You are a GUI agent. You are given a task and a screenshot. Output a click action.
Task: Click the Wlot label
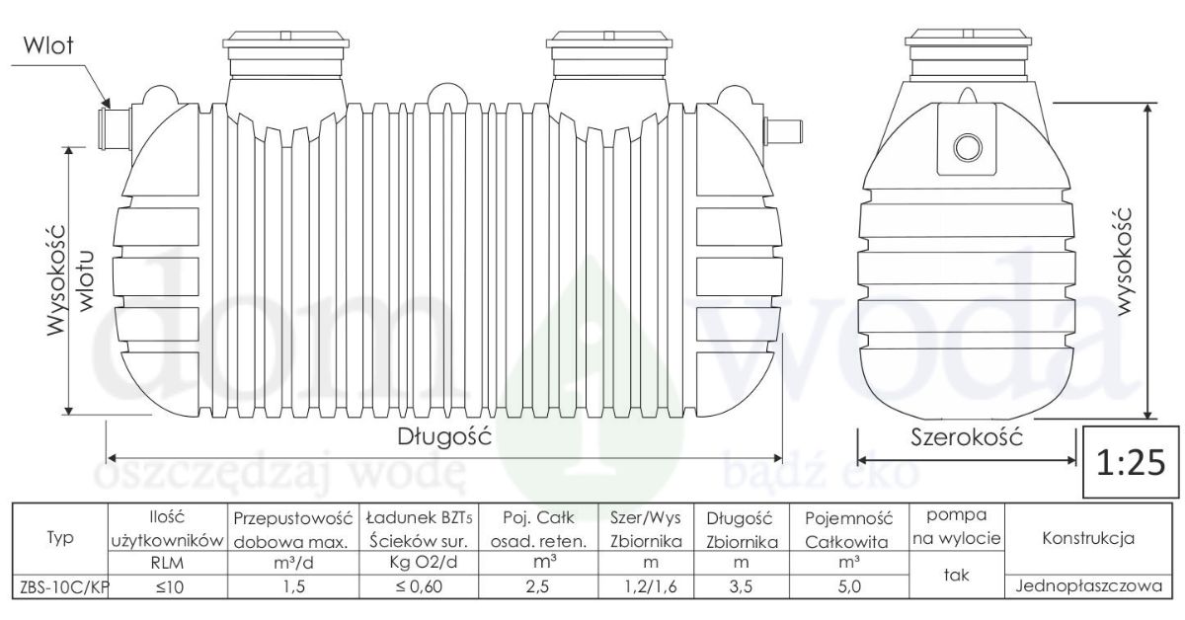(x=48, y=46)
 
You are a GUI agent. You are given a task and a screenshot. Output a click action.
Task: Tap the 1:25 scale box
(x=1131, y=462)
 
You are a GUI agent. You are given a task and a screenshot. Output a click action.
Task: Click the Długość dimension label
(x=444, y=437)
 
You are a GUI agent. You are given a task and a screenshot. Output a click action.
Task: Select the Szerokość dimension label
(x=967, y=437)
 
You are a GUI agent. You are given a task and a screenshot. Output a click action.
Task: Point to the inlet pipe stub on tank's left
(x=116, y=128)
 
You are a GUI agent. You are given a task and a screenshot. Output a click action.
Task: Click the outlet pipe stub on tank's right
(x=783, y=131)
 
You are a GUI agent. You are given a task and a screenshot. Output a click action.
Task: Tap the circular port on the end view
(x=968, y=146)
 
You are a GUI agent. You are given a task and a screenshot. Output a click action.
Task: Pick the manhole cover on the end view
(x=968, y=39)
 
